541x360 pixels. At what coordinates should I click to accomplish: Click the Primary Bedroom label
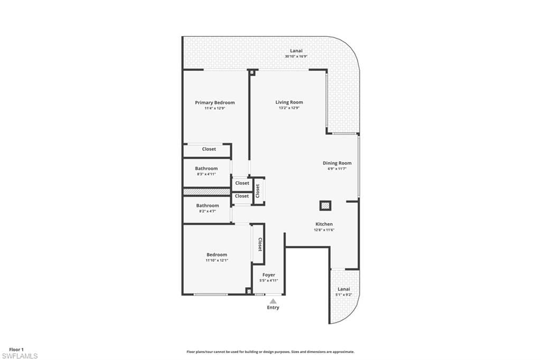click(x=214, y=102)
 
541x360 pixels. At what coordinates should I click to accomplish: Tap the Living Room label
click(x=289, y=102)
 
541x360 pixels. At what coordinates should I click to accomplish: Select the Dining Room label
click(x=337, y=163)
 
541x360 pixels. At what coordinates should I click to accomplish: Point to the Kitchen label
click(x=324, y=224)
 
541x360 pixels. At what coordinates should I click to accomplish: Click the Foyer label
click(x=269, y=275)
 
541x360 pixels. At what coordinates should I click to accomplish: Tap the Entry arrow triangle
click(x=273, y=301)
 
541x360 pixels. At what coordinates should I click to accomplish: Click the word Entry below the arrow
click(x=273, y=308)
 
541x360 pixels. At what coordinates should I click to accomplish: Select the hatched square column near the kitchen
click(x=325, y=206)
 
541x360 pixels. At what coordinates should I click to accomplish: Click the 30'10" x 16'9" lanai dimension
click(x=296, y=56)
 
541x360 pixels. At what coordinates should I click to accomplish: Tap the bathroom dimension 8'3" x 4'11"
click(x=207, y=174)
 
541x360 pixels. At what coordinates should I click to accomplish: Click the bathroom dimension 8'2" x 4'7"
click(x=207, y=211)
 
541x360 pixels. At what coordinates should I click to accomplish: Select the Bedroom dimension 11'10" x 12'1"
click(x=217, y=260)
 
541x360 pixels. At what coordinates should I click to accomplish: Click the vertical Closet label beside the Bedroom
click(x=260, y=244)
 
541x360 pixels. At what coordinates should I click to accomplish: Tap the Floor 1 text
click(x=16, y=349)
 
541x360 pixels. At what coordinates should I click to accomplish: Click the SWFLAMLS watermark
click(x=20, y=356)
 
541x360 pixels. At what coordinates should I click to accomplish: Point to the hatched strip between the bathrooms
click(x=207, y=192)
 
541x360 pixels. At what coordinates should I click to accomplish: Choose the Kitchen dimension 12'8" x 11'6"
click(x=324, y=230)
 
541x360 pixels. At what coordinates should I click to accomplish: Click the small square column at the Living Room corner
click(x=252, y=72)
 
